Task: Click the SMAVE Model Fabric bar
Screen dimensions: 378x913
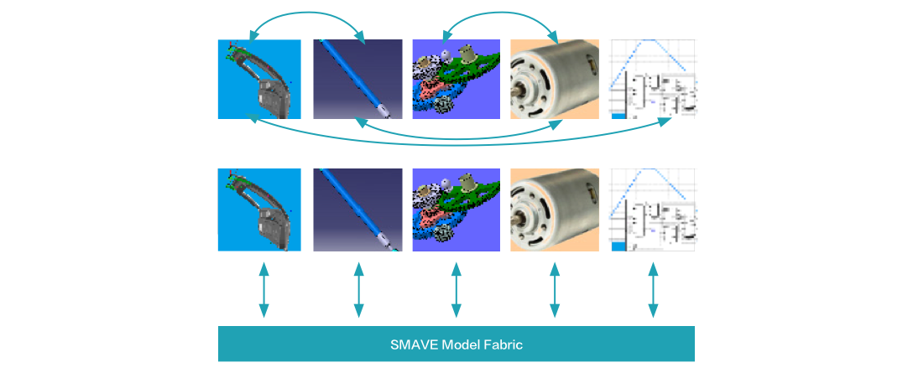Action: click(456, 344)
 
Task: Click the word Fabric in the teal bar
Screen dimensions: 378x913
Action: click(503, 344)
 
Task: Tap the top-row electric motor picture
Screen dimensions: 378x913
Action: click(555, 79)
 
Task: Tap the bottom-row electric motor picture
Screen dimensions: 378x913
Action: click(555, 210)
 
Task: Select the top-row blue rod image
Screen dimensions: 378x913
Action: click(357, 79)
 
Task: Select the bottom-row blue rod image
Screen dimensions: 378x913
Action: click(357, 210)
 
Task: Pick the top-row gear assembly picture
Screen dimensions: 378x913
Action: click(456, 79)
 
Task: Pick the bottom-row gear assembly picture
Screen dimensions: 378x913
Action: click(456, 210)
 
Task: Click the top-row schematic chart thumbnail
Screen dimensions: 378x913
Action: click(654, 79)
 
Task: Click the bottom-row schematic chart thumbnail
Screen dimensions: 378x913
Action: click(654, 210)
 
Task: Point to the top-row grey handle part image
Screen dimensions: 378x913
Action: click(259, 79)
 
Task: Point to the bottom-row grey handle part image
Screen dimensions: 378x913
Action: click(259, 210)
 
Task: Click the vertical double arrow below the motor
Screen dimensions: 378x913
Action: click(554, 291)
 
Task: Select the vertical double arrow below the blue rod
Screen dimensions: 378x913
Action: click(358, 291)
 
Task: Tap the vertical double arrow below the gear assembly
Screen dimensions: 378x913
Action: click(456, 291)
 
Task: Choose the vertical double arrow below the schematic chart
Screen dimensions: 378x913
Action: click(653, 291)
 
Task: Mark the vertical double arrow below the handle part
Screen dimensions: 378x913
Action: click(263, 291)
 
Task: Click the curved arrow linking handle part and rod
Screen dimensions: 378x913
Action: click(308, 13)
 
